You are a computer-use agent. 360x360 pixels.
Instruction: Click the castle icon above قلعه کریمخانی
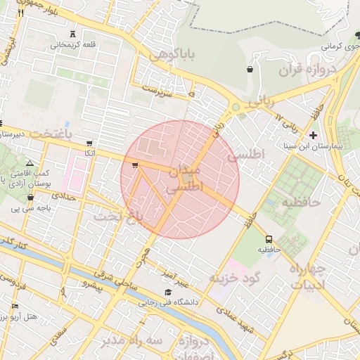(73, 34)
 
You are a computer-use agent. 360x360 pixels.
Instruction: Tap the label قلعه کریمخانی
(72, 44)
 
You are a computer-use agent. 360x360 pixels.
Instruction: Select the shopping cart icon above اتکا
(89, 143)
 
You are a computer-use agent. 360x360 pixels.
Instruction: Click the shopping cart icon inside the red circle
(134, 166)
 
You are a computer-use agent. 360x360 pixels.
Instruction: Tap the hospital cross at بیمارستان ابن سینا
(313, 134)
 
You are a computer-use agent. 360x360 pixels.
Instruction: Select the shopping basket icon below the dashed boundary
(250, 69)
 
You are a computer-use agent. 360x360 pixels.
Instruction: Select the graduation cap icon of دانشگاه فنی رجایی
(167, 292)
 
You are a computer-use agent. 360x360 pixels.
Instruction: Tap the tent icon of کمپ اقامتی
(29, 162)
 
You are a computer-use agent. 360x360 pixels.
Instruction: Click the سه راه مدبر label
(126, 341)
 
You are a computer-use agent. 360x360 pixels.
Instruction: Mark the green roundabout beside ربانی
(236, 108)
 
